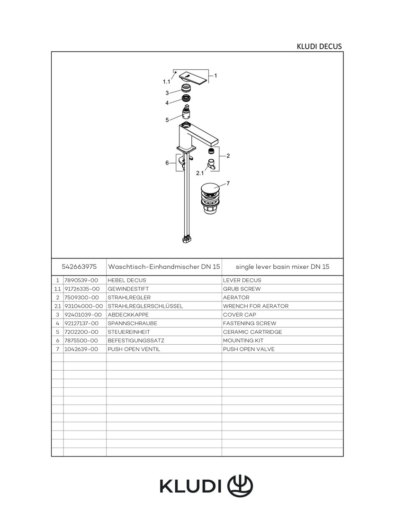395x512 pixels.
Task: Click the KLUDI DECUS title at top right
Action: [319, 46]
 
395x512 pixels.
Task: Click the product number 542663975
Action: [79, 267]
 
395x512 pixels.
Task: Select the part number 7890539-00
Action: [81, 280]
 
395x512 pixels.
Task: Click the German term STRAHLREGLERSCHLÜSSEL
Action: [145, 306]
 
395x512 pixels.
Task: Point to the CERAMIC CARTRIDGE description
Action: [252, 332]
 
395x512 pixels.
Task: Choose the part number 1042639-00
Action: [81, 349]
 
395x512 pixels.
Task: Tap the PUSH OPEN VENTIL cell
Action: [134, 349]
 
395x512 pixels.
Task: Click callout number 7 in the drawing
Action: [228, 183]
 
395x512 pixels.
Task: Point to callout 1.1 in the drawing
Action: [166, 82]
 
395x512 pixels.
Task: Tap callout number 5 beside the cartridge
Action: [167, 120]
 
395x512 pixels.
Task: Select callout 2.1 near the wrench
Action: [200, 173]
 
